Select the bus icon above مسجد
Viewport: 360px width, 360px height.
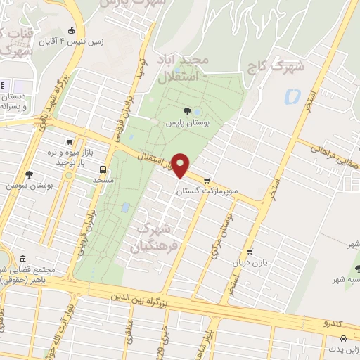coord(103,169)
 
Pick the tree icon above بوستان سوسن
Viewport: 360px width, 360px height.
coord(29,174)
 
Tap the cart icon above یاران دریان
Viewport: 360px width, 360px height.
coord(249,252)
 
